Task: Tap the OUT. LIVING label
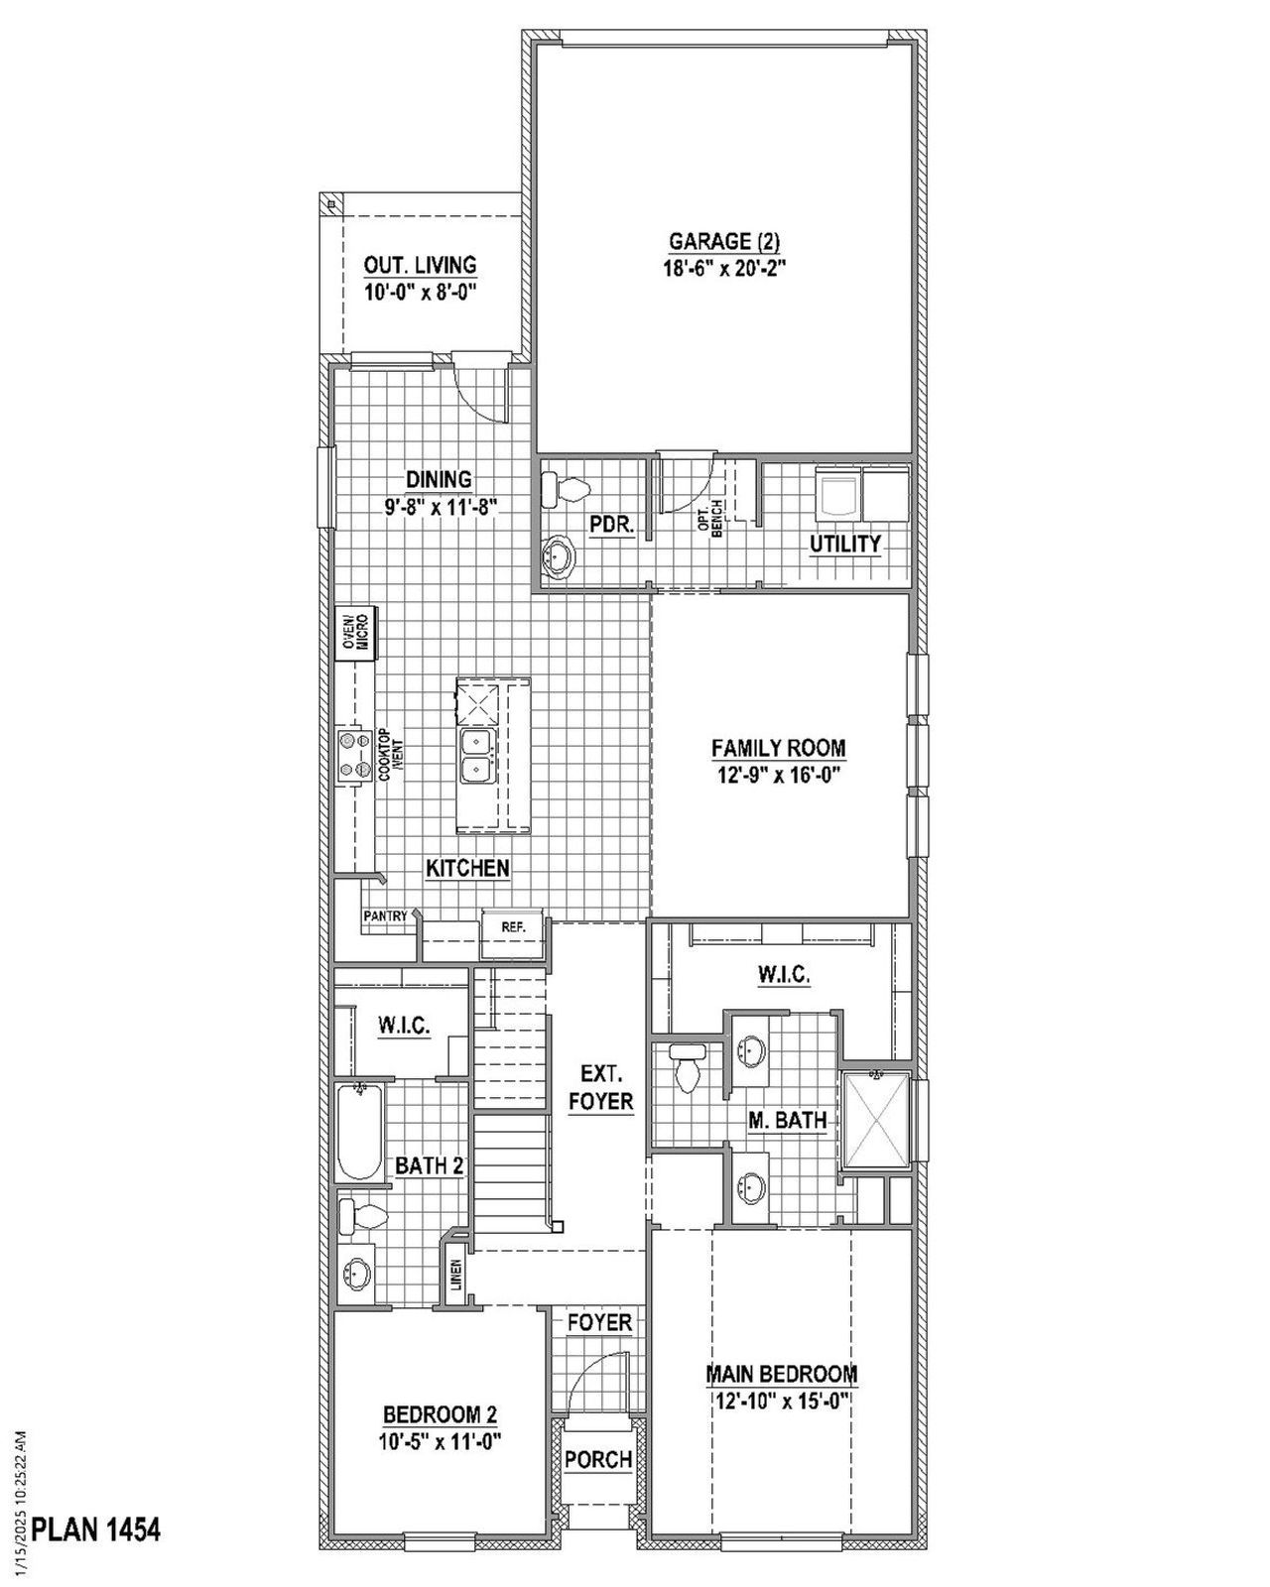coord(420,266)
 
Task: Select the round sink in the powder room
coord(559,555)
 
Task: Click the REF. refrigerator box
coord(512,927)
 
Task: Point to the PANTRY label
coord(384,916)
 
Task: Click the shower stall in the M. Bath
coord(875,1119)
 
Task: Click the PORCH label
coord(598,1459)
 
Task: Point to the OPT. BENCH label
coord(709,517)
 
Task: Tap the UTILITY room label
coord(845,544)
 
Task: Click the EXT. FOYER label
coord(600,1087)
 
